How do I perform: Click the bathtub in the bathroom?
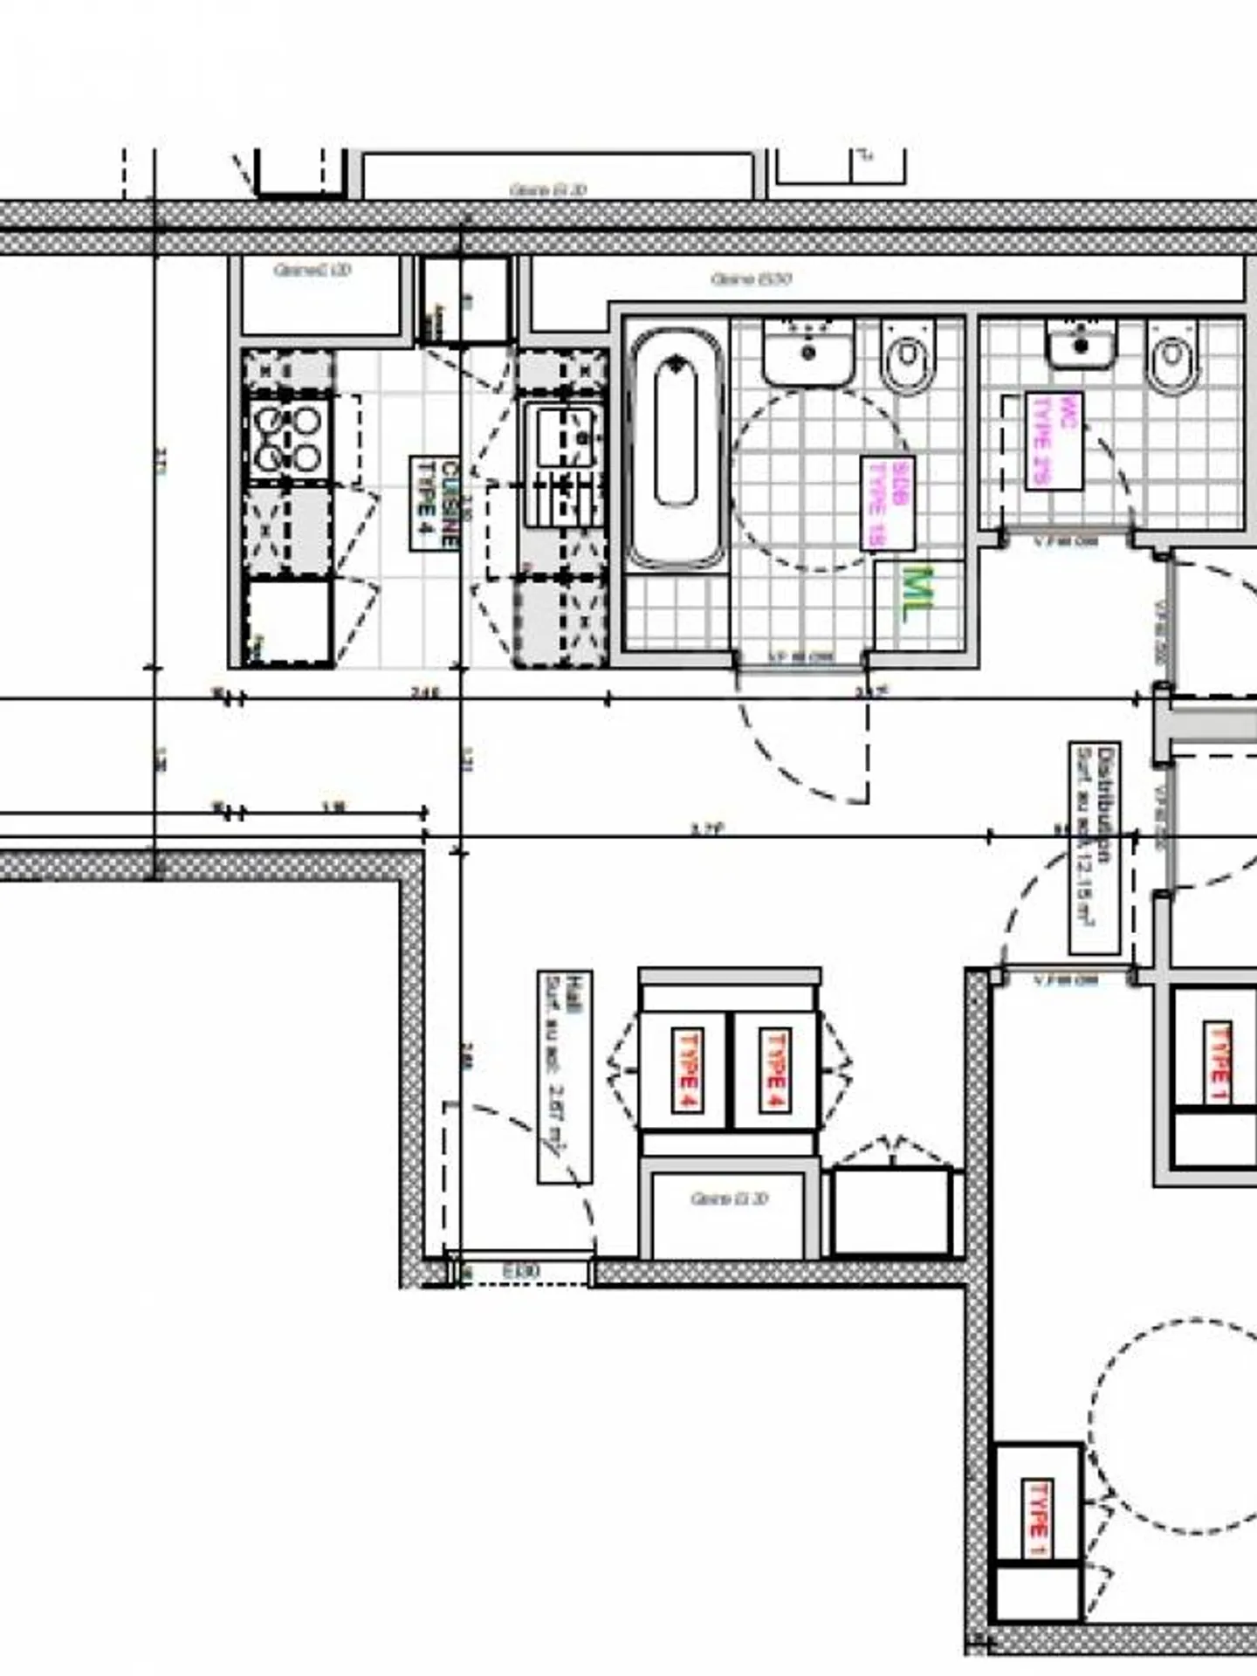click(677, 448)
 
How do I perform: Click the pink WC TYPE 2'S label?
click(1054, 441)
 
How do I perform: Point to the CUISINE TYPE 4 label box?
click(435, 504)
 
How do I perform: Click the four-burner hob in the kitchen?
click(287, 439)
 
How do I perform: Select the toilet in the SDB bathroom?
click(908, 355)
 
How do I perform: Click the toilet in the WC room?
click(1171, 355)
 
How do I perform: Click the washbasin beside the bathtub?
click(807, 352)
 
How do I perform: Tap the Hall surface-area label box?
click(564, 1076)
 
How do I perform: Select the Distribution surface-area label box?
click(1095, 848)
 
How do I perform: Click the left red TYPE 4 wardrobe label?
click(686, 1069)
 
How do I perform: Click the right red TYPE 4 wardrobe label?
click(774, 1069)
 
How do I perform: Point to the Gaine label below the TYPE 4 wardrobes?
click(729, 1199)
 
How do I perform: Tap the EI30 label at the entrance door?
click(521, 1272)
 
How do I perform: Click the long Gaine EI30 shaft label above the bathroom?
click(751, 279)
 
